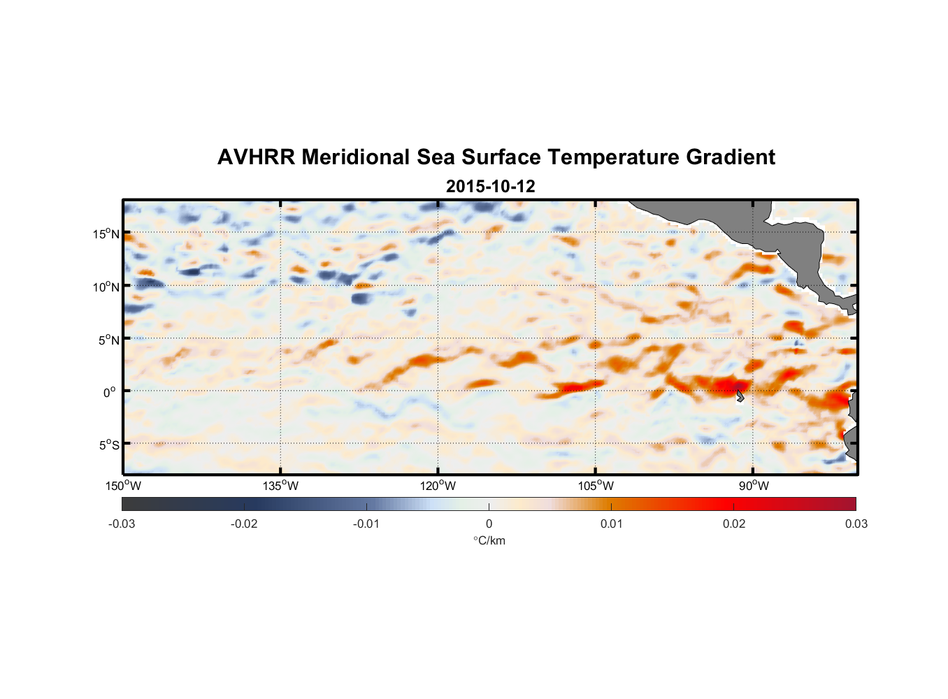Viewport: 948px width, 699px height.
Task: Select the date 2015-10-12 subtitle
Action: (490, 187)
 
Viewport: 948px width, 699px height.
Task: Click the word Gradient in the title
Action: (730, 157)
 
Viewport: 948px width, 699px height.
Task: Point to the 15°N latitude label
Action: (106, 233)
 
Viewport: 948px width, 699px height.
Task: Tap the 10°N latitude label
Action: (106, 287)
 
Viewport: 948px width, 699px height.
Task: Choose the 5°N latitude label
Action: (108, 340)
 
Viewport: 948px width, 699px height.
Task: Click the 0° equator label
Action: (110, 392)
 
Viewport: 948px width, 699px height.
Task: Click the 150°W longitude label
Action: (124, 486)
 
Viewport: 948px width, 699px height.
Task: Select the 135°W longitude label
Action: (281, 486)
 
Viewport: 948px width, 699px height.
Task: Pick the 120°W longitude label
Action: (438, 486)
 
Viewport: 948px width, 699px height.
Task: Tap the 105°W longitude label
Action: (596, 486)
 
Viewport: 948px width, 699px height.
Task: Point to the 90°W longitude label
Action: (753, 486)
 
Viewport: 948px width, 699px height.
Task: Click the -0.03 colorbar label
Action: (122, 524)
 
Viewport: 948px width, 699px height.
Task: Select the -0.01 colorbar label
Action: (366, 524)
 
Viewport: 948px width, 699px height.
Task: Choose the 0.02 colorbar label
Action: (734, 524)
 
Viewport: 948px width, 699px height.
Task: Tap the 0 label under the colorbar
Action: (489, 524)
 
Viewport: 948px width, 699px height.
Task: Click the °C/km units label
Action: (489, 540)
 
